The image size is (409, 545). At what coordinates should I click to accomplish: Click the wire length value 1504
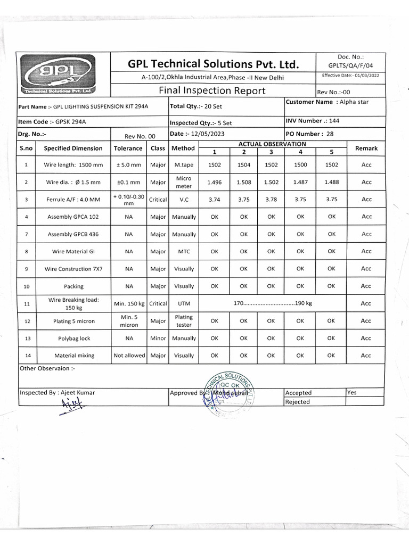243,165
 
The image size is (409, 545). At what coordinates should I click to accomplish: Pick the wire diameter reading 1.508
243,182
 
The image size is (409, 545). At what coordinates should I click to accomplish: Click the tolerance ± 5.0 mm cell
129,165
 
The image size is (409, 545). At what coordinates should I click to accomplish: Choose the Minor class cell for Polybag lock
158,338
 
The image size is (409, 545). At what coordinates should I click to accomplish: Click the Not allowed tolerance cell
129,356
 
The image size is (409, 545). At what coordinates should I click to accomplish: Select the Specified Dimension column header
73,148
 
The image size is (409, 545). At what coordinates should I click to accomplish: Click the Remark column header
366,148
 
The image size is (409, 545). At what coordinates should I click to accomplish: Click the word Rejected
298,402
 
